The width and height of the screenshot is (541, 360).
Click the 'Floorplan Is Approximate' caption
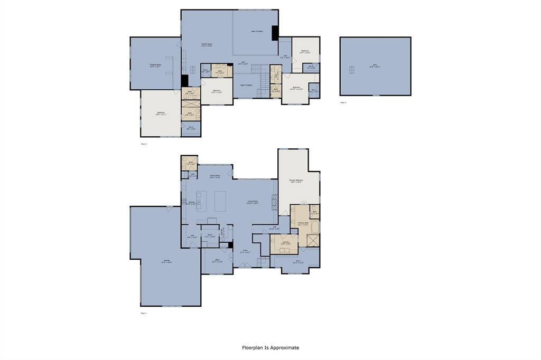270,348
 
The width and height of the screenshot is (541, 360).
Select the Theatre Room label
155,66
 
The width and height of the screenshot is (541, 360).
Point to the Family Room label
207,45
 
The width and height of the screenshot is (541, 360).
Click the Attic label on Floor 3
375,67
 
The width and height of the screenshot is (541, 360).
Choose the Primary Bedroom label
295,181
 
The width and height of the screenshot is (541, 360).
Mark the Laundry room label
285,243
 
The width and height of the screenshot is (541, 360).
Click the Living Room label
253,202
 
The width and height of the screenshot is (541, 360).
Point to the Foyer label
245,252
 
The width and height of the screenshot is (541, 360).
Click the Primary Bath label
303,224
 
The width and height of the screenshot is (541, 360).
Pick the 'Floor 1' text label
143,313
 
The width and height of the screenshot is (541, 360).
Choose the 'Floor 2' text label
143,144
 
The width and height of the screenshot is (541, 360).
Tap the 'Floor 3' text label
343,102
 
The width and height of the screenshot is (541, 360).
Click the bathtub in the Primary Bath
315,227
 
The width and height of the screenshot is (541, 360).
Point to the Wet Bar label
222,232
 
